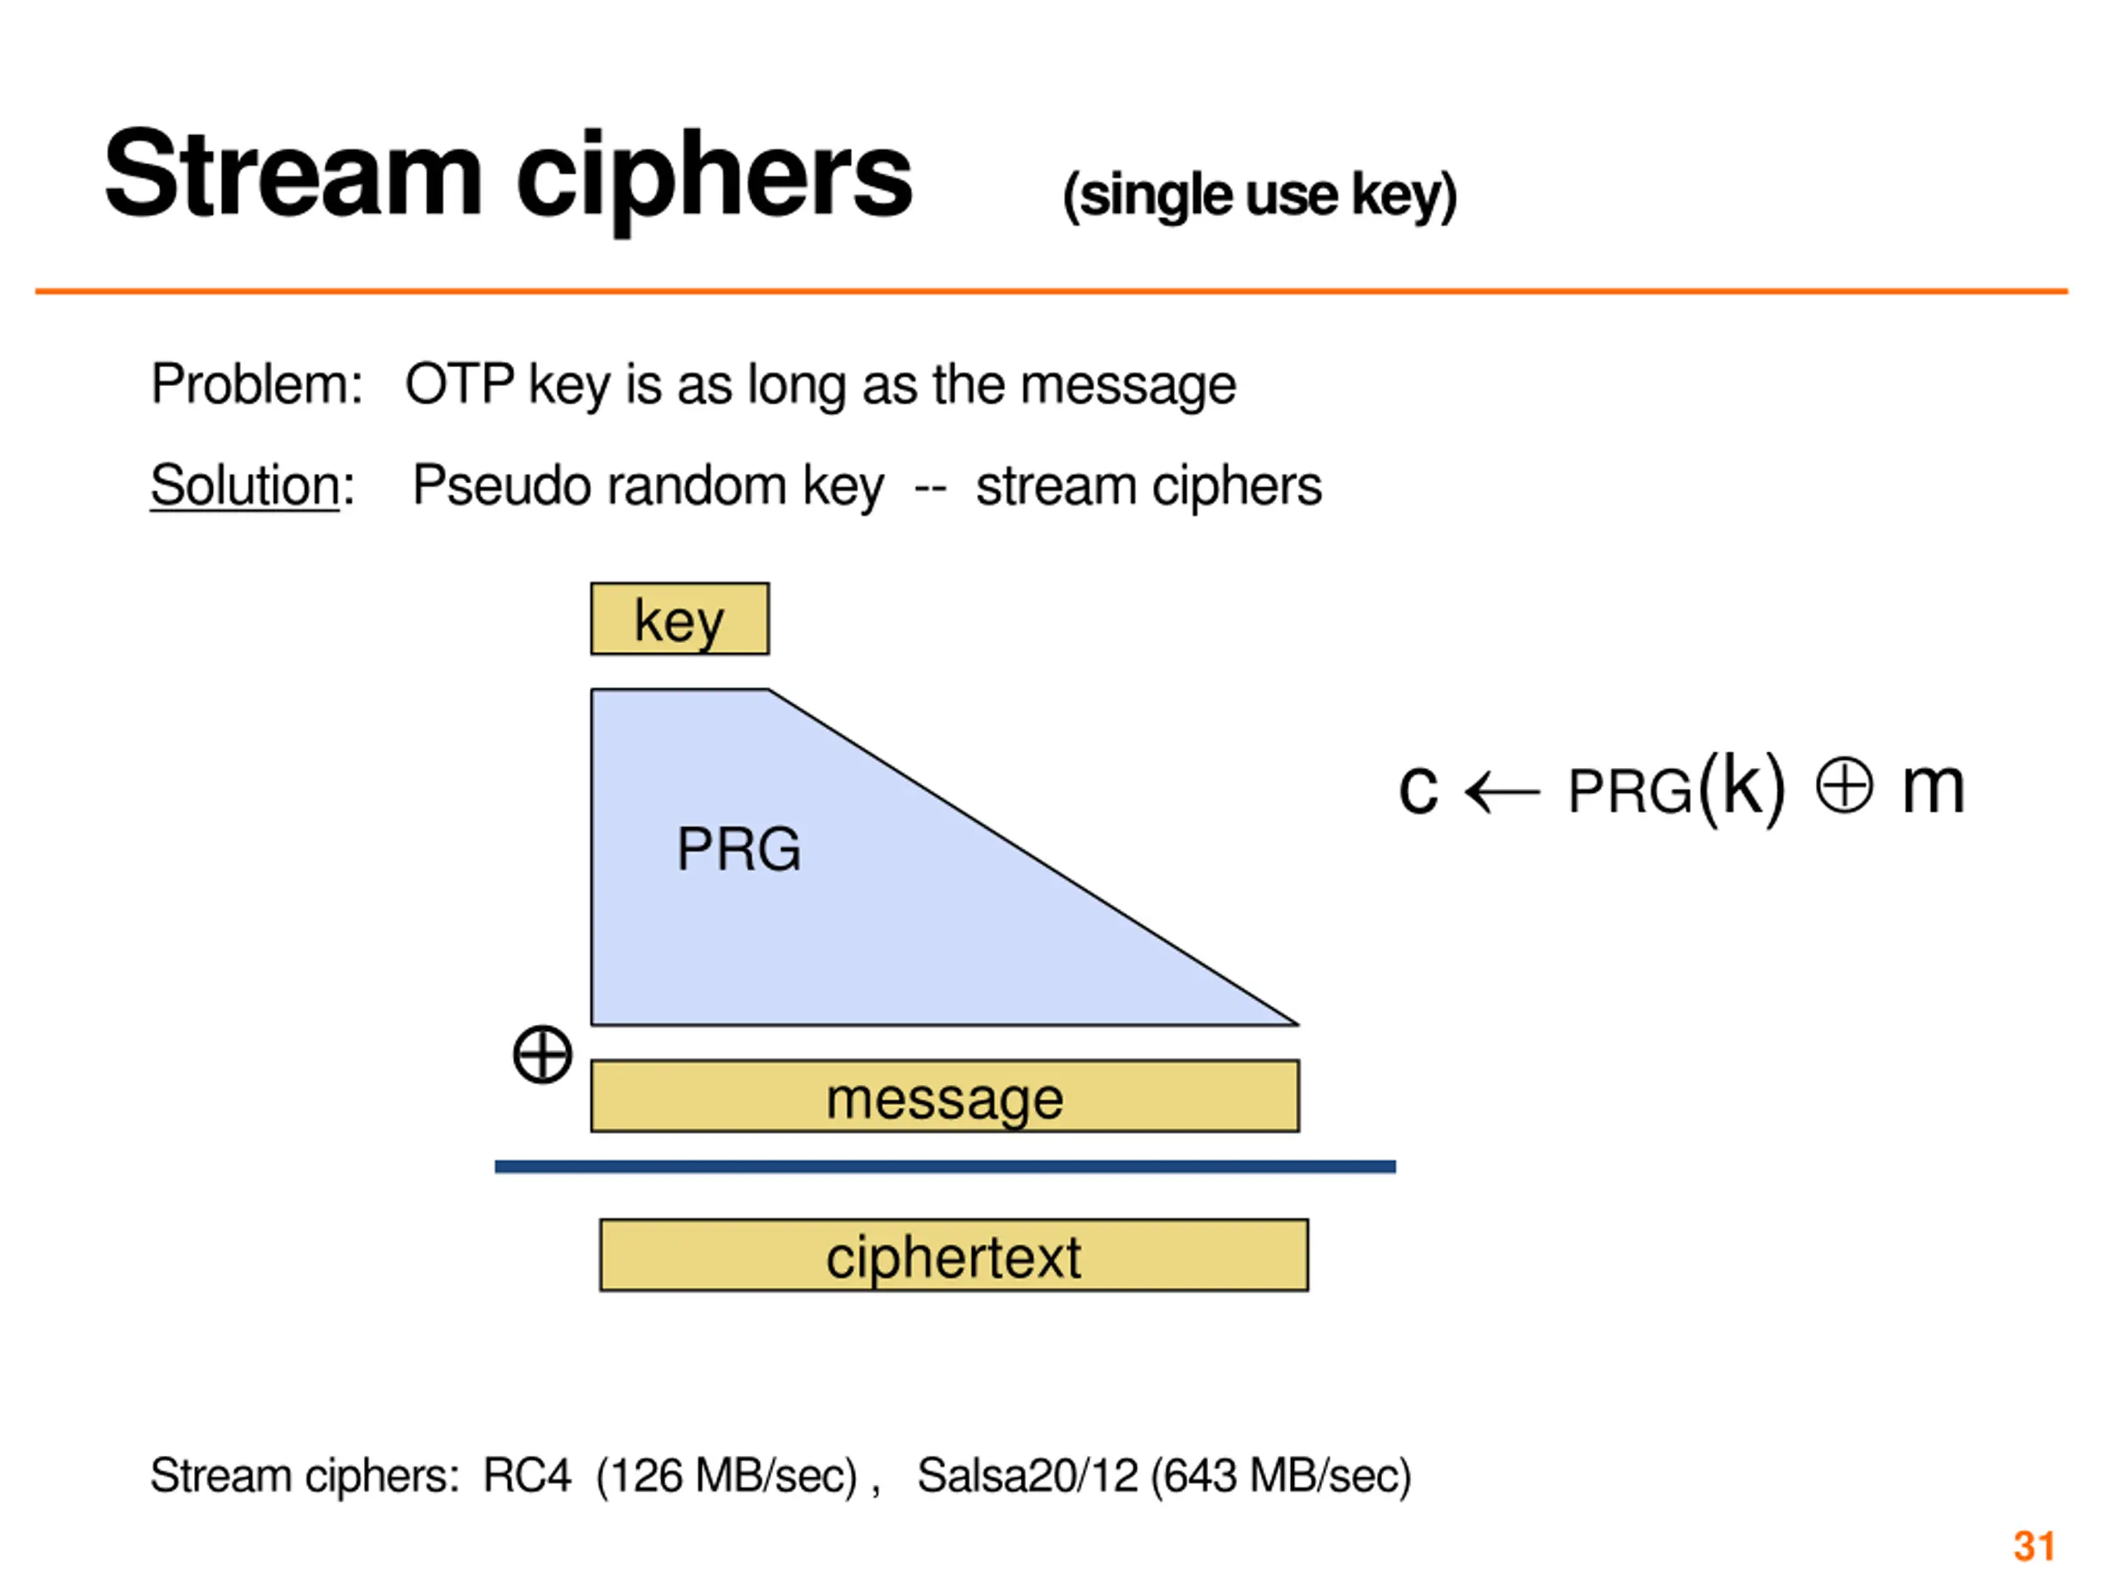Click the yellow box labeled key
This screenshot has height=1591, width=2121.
coord(680,618)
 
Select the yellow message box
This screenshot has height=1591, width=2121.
coord(945,1096)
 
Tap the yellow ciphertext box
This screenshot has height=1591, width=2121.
coord(954,1255)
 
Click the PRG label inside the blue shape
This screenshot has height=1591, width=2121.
coord(738,849)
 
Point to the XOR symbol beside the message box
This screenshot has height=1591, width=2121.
coord(543,1055)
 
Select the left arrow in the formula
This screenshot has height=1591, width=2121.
coord(1503,792)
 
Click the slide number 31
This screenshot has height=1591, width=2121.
coord(2034,1546)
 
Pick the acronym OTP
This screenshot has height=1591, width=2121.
coord(461,384)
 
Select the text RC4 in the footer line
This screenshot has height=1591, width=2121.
coord(526,1475)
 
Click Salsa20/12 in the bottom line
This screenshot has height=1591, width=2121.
coord(1027,1475)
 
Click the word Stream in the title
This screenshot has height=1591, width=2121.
coord(293,175)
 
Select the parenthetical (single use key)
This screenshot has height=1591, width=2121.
coord(1260,196)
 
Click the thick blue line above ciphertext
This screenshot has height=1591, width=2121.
coord(945,1167)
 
